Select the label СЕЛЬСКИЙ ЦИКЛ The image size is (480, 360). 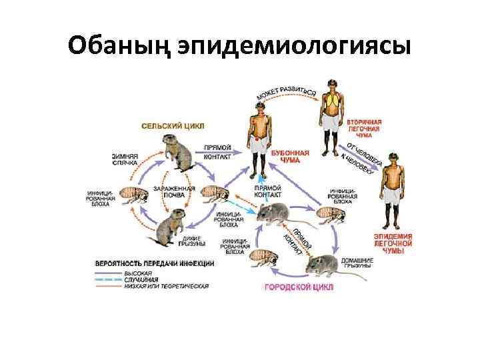coord(171,125)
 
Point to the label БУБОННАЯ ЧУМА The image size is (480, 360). coord(289,156)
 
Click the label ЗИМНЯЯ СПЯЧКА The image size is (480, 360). coord(124,159)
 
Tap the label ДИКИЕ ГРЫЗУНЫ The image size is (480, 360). coord(191,240)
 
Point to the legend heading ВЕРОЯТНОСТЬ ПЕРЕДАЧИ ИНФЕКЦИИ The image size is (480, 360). coord(153,264)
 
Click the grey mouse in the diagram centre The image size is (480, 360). coord(273,213)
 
